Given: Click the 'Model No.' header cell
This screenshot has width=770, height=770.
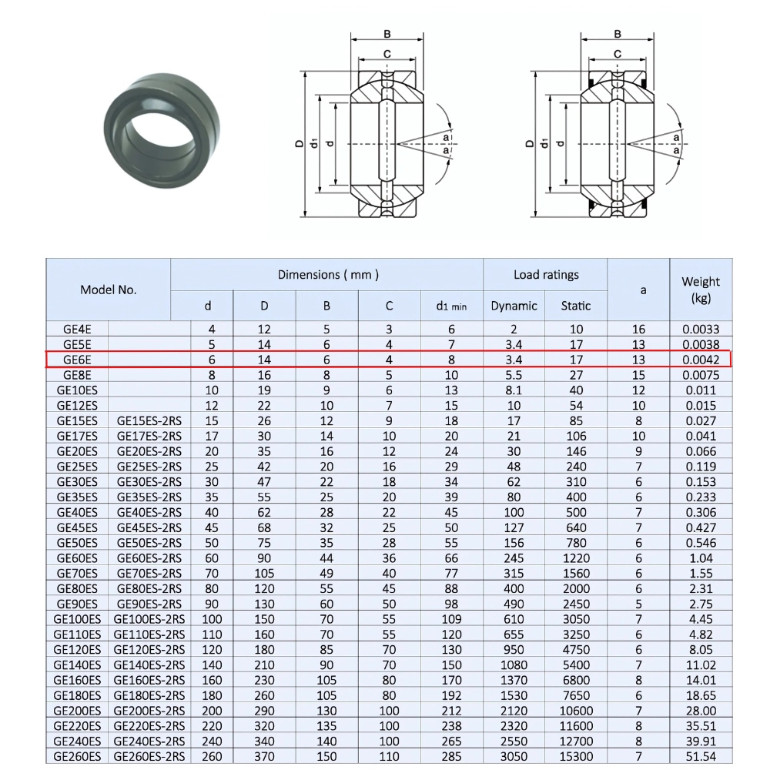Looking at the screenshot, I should (x=108, y=290).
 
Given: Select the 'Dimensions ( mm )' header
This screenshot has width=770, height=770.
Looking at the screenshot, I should (x=327, y=274).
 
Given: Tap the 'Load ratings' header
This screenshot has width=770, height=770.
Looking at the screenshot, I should (x=545, y=274).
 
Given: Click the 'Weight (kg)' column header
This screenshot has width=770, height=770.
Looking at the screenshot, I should (x=701, y=290).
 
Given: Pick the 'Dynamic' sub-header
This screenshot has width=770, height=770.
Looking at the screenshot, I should (x=514, y=306).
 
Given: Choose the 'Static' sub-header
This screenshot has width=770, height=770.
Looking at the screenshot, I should (x=576, y=306).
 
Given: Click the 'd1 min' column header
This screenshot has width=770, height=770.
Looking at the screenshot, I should (x=451, y=306).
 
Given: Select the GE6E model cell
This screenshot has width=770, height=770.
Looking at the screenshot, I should (x=77, y=360).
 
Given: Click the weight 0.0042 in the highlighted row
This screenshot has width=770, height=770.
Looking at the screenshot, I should (x=701, y=360).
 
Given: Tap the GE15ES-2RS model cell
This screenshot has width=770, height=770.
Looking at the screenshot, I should (x=149, y=420).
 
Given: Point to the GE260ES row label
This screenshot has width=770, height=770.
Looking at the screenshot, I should (x=77, y=756).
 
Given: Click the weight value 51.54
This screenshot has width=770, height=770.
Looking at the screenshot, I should (x=701, y=756).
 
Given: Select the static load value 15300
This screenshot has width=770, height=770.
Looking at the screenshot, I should (x=576, y=756).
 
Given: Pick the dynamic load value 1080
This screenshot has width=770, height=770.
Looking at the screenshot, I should (x=514, y=665).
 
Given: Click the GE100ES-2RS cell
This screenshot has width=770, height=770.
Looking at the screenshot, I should (x=149, y=619).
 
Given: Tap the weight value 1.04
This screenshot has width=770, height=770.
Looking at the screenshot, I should (x=701, y=558).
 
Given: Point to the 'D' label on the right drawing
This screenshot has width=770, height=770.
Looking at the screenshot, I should (x=529, y=143).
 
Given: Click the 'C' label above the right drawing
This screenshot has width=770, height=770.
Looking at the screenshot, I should (x=618, y=53).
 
